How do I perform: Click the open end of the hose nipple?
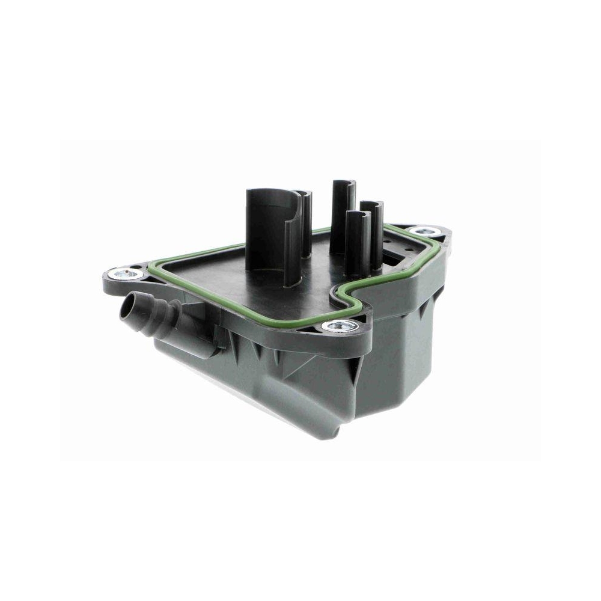(x=129, y=311)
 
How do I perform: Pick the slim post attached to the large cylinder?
(x=306, y=222)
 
